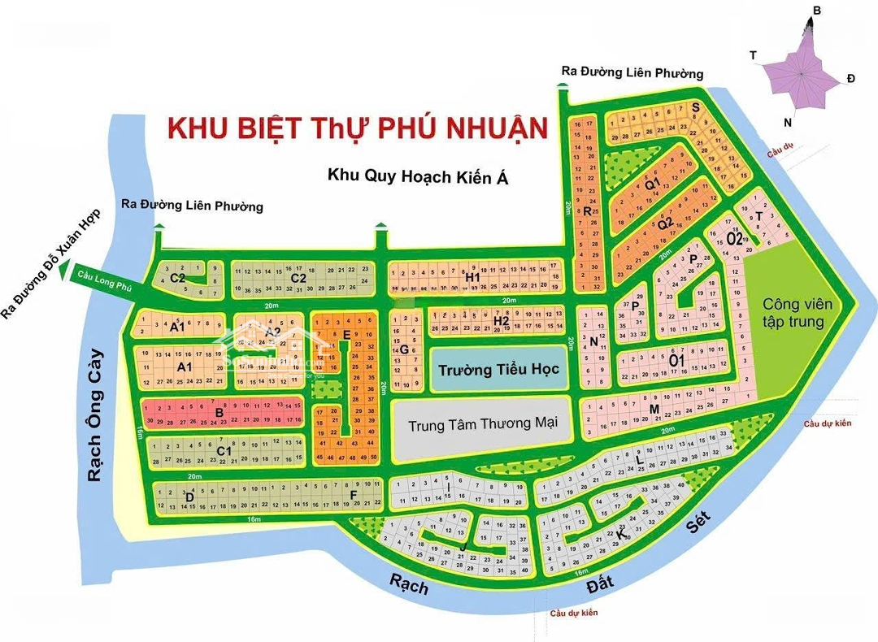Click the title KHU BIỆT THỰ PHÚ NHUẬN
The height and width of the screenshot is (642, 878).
[x=357, y=128]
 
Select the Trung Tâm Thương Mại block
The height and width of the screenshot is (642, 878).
[x=483, y=424]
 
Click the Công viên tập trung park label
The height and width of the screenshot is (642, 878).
[x=797, y=312]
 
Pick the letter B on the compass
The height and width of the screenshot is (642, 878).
[x=817, y=10]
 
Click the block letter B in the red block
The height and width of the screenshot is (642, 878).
[x=219, y=413]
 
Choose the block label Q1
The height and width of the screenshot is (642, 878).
[x=651, y=184]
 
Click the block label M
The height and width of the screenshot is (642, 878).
[x=654, y=408]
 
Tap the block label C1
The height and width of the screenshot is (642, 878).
[x=224, y=451]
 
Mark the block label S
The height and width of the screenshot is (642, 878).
[x=695, y=106]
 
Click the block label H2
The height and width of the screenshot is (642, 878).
[x=501, y=321]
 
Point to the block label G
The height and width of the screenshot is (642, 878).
[x=403, y=349]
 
